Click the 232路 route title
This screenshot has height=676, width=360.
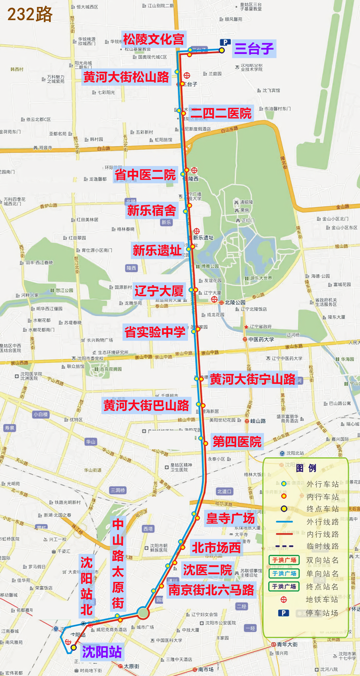(30, 14)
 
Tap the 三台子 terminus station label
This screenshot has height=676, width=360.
(254, 49)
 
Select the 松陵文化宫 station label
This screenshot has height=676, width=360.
(154, 39)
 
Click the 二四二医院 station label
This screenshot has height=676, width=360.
(221, 113)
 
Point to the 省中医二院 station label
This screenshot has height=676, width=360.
(145, 175)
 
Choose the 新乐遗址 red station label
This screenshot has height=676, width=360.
(157, 250)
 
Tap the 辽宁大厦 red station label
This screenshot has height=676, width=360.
(159, 291)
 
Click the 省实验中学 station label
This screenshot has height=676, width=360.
(155, 332)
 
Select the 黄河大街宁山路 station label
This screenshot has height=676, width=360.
(253, 379)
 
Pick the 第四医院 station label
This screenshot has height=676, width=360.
(237, 441)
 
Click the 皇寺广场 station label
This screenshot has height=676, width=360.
(230, 518)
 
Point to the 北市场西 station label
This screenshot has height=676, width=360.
(216, 548)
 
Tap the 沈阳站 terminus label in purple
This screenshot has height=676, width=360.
(102, 652)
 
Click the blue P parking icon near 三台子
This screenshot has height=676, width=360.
(225, 42)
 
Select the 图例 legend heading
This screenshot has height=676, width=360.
(306, 468)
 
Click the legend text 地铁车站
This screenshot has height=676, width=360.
(322, 599)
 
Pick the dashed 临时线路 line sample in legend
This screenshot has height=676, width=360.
(284, 546)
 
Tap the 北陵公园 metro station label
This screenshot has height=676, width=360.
(235, 302)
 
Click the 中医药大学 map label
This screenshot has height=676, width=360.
(261, 339)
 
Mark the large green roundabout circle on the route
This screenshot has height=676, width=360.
(143, 613)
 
